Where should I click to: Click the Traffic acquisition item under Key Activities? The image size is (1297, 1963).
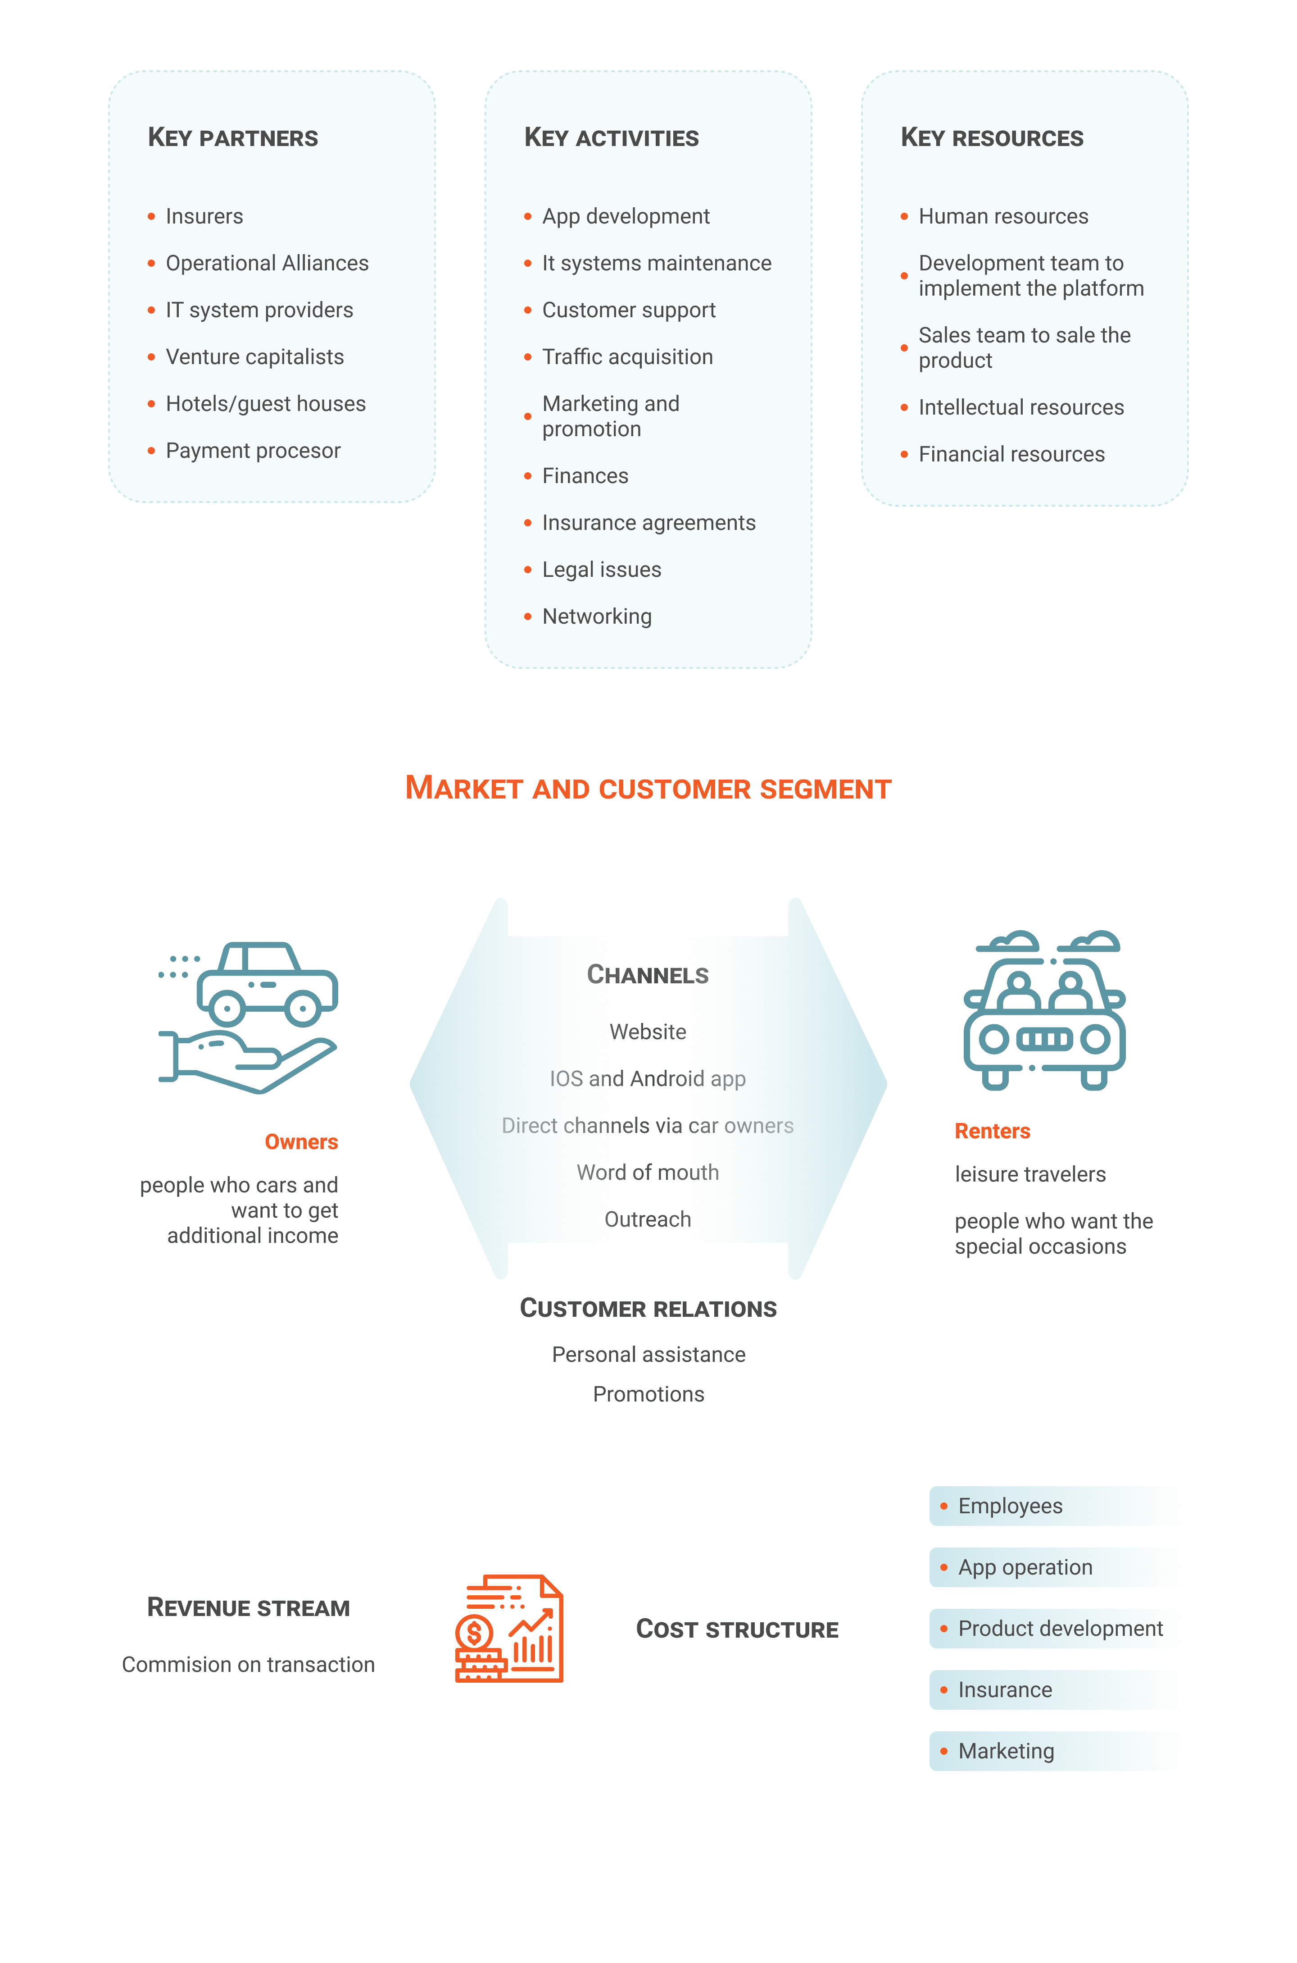627,356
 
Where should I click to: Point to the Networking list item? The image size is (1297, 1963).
596,616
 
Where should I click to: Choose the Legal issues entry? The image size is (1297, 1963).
601,569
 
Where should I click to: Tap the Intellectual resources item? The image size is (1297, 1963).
1021,407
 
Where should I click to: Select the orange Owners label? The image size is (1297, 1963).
301,1142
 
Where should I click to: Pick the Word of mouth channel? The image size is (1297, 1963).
648,1173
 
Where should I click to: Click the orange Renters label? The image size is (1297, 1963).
992,1131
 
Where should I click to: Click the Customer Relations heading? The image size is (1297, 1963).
648,1308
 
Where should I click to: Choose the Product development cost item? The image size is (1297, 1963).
1060,1629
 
